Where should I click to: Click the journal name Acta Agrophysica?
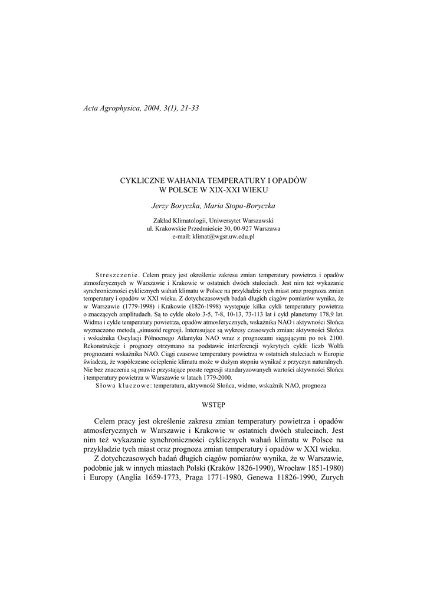[111, 109]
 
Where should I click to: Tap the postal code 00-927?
[244, 228]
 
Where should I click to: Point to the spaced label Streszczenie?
[117, 275]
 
